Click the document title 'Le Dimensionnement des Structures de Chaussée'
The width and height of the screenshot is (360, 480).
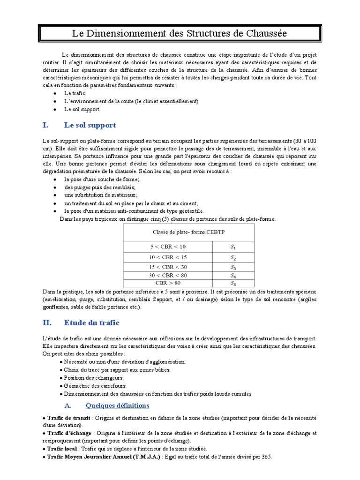(x=180, y=34)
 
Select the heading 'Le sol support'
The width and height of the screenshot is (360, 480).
(x=90, y=125)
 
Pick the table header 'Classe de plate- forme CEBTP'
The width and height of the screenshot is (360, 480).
(x=188, y=232)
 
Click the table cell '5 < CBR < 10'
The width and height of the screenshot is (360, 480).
(x=167, y=246)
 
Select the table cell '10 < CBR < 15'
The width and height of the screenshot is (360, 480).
(x=167, y=257)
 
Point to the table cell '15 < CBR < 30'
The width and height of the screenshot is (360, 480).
(x=167, y=267)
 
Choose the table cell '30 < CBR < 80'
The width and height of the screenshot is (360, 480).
(x=167, y=276)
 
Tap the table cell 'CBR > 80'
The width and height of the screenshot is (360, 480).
(x=167, y=283)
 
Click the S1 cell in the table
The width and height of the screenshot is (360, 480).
(x=233, y=246)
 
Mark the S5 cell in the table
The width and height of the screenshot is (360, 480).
(x=233, y=283)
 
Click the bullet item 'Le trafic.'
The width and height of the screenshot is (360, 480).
(x=75, y=93)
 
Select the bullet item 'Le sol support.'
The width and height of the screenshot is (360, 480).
(x=82, y=109)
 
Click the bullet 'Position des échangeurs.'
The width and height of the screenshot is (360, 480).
(x=94, y=378)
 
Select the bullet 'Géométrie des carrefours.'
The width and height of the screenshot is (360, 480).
(x=95, y=386)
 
